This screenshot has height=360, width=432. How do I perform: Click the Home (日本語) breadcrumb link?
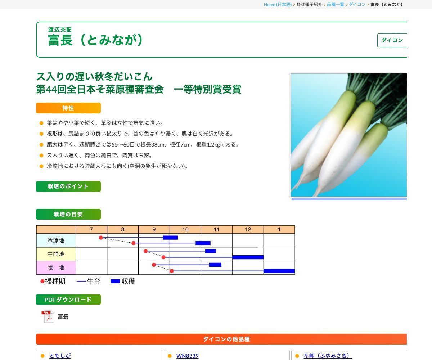[278, 5]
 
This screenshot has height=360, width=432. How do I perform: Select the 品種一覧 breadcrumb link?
[335, 5]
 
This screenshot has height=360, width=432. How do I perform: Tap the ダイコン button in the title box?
[392, 40]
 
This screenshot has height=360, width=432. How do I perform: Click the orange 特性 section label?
[68, 108]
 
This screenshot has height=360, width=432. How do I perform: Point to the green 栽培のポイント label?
[68, 186]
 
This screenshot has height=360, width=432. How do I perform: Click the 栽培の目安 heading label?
[68, 214]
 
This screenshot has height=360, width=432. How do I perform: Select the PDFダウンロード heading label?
[68, 300]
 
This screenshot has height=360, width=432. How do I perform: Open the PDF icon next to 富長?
[48, 316]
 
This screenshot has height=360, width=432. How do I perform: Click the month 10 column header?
[185, 229]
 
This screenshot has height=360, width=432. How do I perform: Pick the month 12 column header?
[248, 229]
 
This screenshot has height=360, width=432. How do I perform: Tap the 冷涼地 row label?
[56, 240]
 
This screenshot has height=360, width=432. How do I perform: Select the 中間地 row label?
[56, 254]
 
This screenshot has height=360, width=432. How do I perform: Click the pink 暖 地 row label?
[56, 267]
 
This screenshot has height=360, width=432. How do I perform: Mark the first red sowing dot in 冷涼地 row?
[101, 238]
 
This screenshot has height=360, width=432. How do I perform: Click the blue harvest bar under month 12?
[248, 257]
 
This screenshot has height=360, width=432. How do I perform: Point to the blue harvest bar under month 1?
[279, 271]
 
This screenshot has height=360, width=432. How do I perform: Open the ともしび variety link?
[60, 356]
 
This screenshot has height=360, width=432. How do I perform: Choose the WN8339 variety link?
[187, 356]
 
